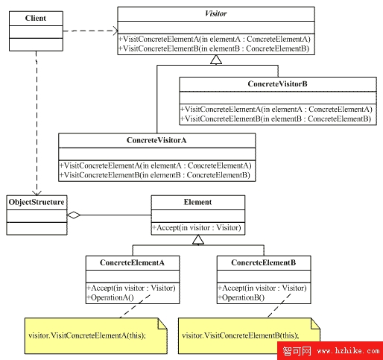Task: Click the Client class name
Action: pos(36,18)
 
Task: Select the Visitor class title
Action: pos(215,13)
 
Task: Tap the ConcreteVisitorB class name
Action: pos(277,84)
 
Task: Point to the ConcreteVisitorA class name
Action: pos(156,140)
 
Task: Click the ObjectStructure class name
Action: pos(37,202)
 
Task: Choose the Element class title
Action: pos(197,202)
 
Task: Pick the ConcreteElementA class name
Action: pos(132,262)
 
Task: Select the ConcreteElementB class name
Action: pos(264,262)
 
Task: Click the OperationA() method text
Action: pos(110,297)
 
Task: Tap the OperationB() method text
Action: pos(241,297)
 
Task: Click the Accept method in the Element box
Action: pos(197,227)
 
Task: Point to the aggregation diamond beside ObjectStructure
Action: pos(74,215)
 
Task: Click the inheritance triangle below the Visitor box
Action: pos(216,60)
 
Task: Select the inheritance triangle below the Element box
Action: pos(198,240)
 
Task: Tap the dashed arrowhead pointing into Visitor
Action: pos(115,31)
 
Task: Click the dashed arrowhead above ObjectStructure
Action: pos(37,193)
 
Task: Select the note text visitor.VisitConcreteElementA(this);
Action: pos(87,335)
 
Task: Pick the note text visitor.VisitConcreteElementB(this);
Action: pos(241,335)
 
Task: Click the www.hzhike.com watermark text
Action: pos(349,351)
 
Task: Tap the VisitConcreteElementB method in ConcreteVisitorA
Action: pos(155,175)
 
